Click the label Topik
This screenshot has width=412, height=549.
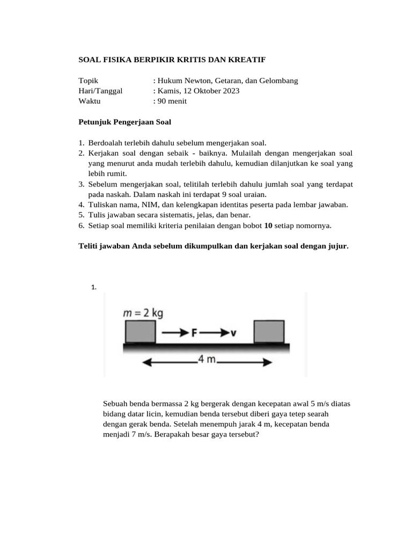[89, 81]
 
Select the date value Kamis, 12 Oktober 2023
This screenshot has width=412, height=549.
[199, 91]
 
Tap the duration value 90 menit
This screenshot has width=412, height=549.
[172, 101]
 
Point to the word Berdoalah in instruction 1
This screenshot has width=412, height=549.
[106, 143]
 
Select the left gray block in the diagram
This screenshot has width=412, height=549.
[141, 332]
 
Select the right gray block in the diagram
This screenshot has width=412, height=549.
[269, 332]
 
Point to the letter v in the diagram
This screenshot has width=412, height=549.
[233, 333]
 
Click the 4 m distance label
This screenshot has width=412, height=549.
[207, 360]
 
